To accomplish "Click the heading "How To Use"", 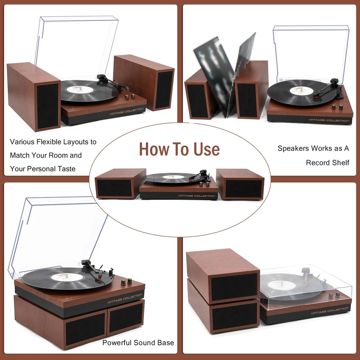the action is point(179,149).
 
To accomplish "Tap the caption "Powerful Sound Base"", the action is point(138,343).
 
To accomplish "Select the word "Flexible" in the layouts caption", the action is point(49,141).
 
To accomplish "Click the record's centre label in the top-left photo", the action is point(80,89).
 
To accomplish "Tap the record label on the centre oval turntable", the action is point(174,177).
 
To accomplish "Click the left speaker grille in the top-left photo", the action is point(48,106).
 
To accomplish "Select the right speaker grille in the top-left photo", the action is point(164,90).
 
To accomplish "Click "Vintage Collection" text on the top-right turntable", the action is point(329,120).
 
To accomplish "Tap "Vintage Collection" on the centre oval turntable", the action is point(197,196).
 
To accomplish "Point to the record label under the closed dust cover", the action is point(281,285).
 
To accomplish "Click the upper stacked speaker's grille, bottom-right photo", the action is point(234,287).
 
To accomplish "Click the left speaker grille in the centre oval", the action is point(114,188).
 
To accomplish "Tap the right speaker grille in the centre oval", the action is point(244,189).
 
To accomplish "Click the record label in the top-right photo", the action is point(301,90).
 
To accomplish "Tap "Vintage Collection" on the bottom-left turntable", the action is point(125,298).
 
